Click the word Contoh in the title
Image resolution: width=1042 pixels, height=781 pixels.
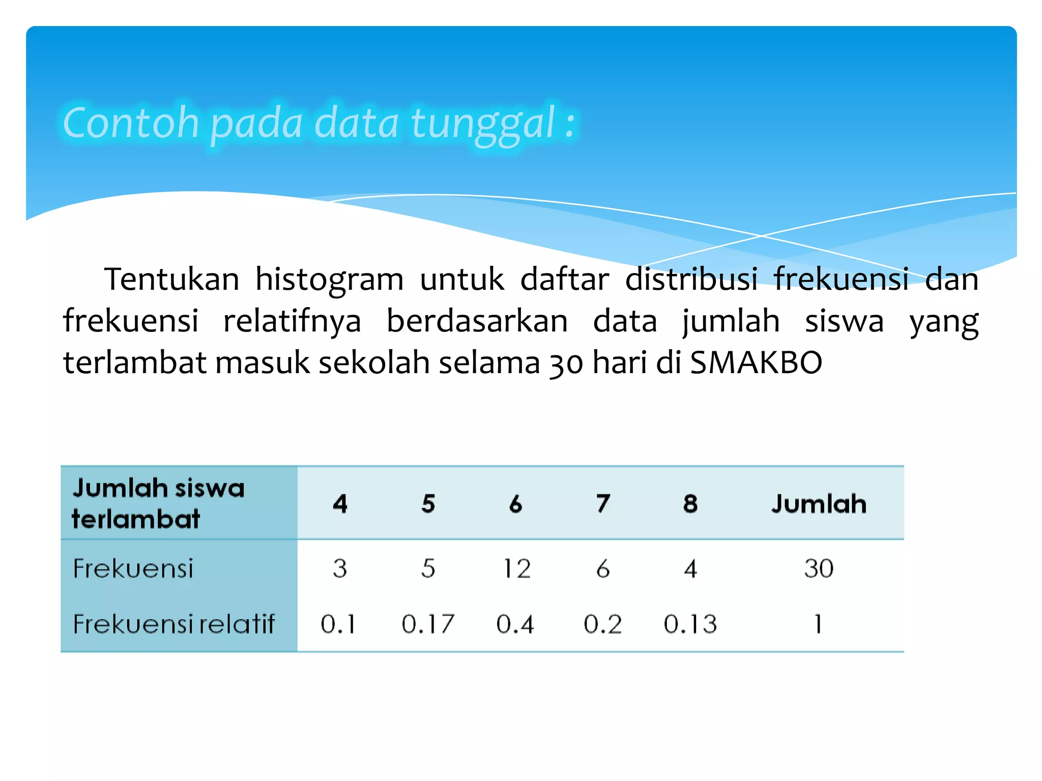pos(130,123)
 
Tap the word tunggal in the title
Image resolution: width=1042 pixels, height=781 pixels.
pos(482,124)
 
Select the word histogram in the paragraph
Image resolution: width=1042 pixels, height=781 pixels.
pos(329,280)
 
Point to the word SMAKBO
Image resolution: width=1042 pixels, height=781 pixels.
pos(756,363)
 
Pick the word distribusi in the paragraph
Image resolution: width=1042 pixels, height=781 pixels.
pos(691,280)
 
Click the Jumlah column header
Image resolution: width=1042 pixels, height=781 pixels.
pos(819,504)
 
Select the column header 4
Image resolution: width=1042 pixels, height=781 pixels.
pos(340,504)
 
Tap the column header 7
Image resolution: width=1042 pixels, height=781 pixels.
pos(603,504)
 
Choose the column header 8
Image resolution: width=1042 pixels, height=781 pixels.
pos(690,504)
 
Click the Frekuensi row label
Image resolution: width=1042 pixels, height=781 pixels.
pos(133,568)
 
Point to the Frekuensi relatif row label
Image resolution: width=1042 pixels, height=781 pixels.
pos(173,624)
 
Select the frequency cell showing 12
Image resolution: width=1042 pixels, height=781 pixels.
pos(516,568)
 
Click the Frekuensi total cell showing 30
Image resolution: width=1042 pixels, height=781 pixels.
pos(819,568)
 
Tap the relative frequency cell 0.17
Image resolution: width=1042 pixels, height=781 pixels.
pos(428,624)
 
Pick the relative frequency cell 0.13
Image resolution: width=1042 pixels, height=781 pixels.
pos(690,624)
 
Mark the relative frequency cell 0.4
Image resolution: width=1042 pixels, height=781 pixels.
pos(515,624)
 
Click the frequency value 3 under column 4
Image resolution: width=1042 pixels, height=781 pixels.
pos(340,568)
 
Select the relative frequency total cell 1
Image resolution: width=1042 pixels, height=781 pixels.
pos(818,624)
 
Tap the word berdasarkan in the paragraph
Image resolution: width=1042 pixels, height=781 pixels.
pos(477,321)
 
